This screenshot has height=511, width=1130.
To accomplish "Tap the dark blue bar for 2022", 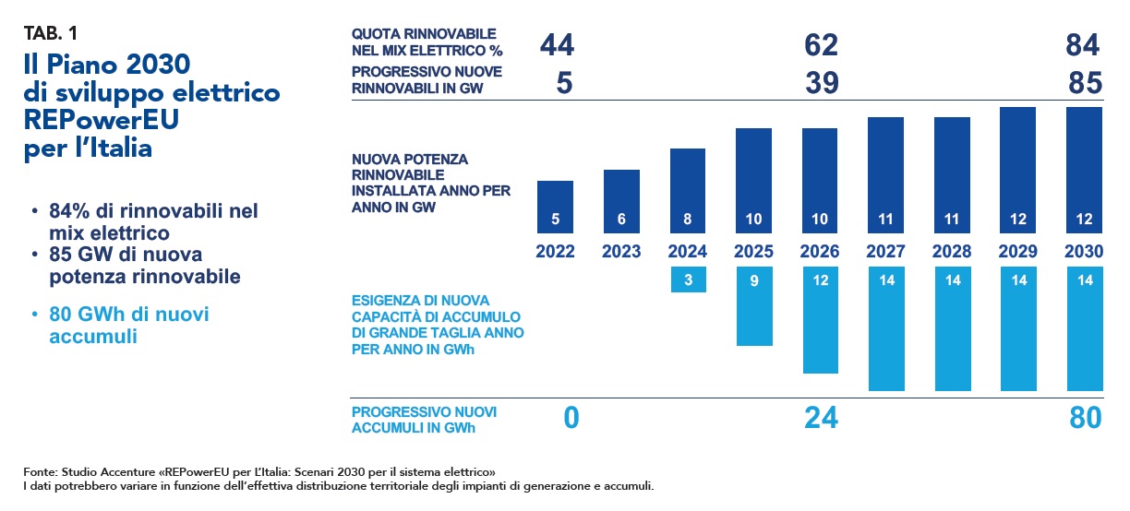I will [555, 207].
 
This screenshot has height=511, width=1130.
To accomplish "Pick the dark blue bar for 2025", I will [754, 181].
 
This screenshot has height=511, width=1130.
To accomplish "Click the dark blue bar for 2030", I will [1085, 171].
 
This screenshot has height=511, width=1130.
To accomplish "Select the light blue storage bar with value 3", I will [688, 279].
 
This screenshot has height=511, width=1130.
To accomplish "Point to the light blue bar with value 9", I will [754, 306].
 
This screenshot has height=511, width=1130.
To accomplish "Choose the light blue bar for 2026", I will [820, 320].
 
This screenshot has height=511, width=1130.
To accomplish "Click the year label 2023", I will [621, 252].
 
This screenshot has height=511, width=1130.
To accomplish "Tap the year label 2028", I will [953, 252].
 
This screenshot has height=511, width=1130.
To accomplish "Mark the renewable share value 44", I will [558, 44].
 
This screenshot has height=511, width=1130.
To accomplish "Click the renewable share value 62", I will [820, 44].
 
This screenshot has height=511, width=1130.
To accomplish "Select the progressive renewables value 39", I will [820, 84].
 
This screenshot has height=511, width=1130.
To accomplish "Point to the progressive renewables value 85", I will [1084, 84].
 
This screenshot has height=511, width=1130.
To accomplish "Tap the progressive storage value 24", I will [820, 418].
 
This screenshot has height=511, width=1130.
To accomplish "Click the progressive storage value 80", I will [1084, 418].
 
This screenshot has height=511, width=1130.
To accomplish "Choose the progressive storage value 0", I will [571, 418].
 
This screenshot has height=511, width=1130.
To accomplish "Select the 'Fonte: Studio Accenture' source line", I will [258, 471].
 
